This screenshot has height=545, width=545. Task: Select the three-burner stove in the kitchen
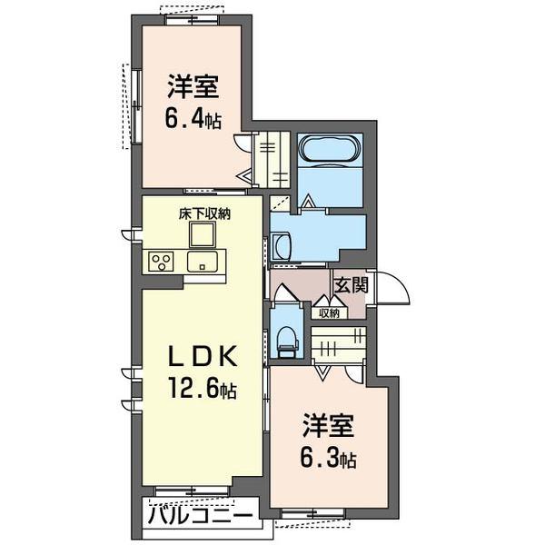[x=163, y=262]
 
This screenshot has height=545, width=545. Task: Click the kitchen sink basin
[x=200, y=262]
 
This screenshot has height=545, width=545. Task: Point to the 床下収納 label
[x=203, y=214]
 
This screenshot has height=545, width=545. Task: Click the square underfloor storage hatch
[x=202, y=234]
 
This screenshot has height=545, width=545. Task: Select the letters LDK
[x=202, y=356]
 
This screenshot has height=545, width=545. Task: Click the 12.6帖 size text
[x=201, y=391]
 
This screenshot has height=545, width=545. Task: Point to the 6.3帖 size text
[x=328, y=456]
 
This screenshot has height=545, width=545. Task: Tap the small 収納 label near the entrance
[x=329, y=313]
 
